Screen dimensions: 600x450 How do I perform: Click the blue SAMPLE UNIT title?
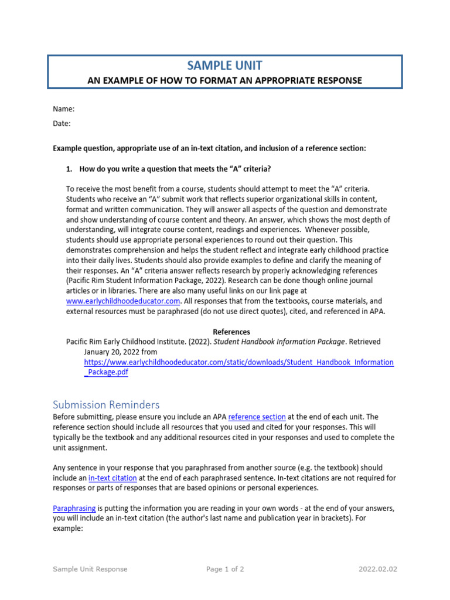point(224,66)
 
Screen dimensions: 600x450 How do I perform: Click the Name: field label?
point(63,109)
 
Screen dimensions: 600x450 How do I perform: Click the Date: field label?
point(62,124)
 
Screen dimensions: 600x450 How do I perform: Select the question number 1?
point(69,169)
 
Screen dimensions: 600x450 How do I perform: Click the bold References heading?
point(231,332)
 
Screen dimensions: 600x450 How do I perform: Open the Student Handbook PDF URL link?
point(239,363)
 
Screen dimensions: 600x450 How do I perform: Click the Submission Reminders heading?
point(106,405)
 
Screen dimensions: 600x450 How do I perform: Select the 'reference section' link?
point(257,417)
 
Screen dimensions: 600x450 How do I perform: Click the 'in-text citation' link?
point(112,478)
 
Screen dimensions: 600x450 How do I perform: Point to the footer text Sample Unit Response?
point(90,569)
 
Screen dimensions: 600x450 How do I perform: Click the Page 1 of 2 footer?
point(225,569)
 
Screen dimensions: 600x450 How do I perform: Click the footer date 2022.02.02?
point(379,569)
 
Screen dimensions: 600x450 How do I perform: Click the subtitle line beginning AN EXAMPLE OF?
point(224,80)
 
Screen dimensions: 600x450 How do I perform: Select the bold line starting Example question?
point(209,149)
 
